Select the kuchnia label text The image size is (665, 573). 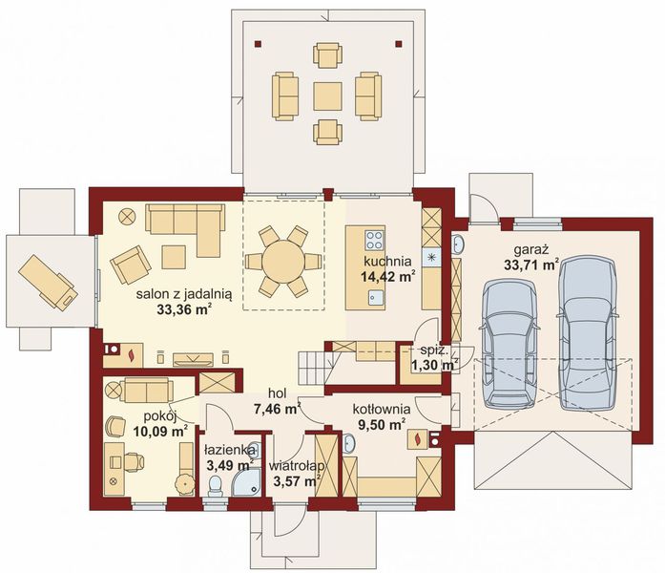tap(387, 261)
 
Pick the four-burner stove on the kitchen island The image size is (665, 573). tap(375, 241)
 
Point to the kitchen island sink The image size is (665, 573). tap(376, 298)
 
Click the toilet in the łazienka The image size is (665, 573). tap(216, 486)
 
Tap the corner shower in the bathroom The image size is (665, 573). tap(246, 483)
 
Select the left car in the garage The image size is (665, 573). tap(509, 344)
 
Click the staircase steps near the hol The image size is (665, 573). tap(314, 368)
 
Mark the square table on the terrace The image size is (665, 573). tap(327, 96)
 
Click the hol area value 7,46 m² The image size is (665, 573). tap(278, 409)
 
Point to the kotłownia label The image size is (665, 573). tap(382, 409)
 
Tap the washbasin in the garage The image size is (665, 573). tap(458, 244)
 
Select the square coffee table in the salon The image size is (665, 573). tap(174, 257)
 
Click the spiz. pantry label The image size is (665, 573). tap(432, 350)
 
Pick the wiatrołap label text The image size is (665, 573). tap(297, 466)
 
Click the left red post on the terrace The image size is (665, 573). tap(259, 43)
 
